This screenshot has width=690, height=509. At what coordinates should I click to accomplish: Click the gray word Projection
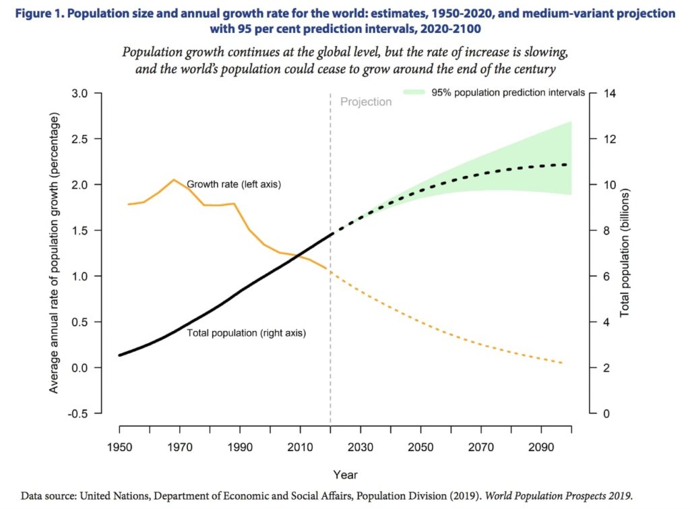[366, 102]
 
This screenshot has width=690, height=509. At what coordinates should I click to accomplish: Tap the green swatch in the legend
[414, 92]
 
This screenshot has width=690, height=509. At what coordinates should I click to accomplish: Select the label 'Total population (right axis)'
[246, 332]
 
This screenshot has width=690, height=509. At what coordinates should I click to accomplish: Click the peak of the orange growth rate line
[174, 179]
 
